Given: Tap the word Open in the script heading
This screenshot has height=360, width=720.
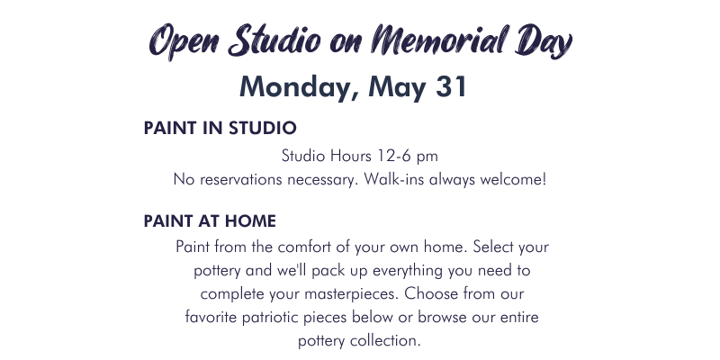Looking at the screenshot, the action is (x=184, y=42).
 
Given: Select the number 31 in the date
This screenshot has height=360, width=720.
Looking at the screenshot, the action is (x=451, y=86).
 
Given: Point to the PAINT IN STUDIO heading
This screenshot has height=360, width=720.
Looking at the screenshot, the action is (x=220, y=128).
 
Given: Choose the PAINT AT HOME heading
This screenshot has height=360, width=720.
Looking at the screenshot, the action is (x=210, y=221).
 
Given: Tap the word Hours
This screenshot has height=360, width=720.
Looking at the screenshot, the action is (x=350, y=156).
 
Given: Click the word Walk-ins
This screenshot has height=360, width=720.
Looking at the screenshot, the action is (x=393, y=179).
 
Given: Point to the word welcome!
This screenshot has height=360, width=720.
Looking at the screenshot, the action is (x=513, y=179).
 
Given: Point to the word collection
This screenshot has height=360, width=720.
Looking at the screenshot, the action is (x=385, y=341).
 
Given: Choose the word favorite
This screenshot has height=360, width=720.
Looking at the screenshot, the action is (x=211, y=318).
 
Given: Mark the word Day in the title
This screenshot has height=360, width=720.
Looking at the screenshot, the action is (x=544, y=41).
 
